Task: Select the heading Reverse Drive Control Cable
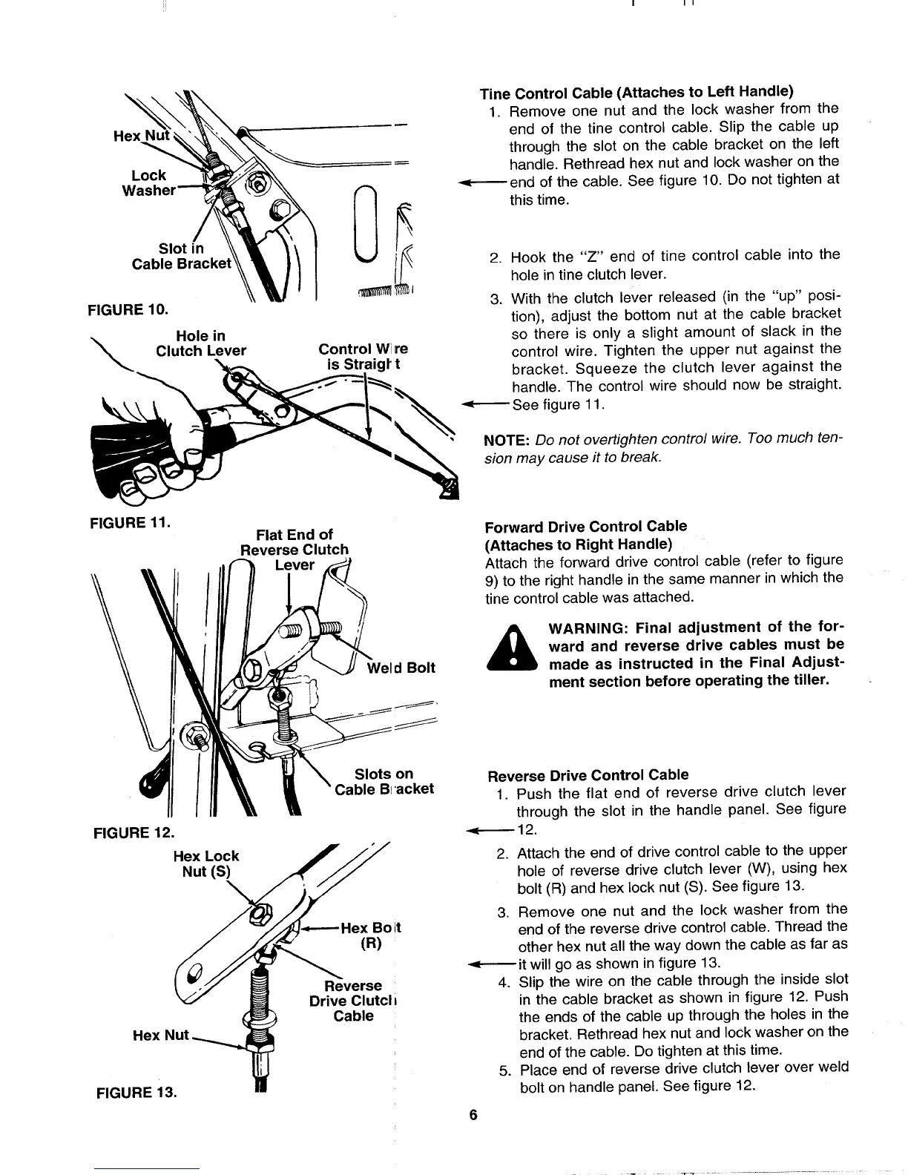(588, 775)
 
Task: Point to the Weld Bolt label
(401, 668)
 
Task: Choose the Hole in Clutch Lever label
(200, 343)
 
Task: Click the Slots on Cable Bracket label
(384, 782)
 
